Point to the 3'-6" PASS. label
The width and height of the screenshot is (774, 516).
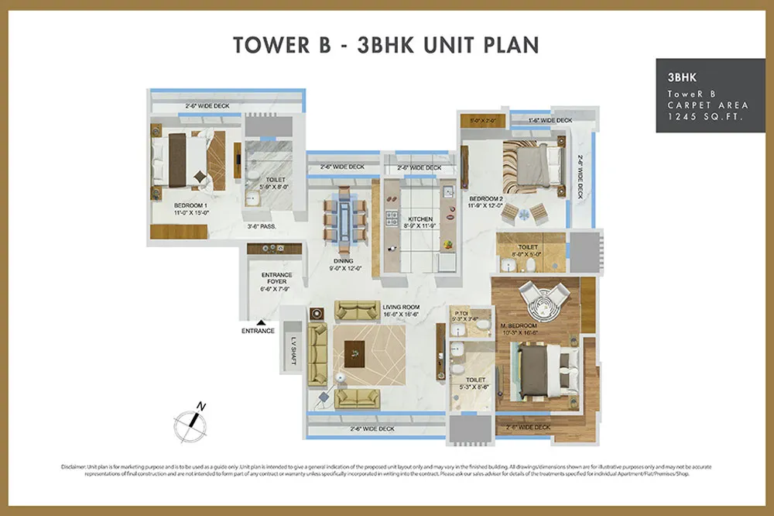(262, 227)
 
